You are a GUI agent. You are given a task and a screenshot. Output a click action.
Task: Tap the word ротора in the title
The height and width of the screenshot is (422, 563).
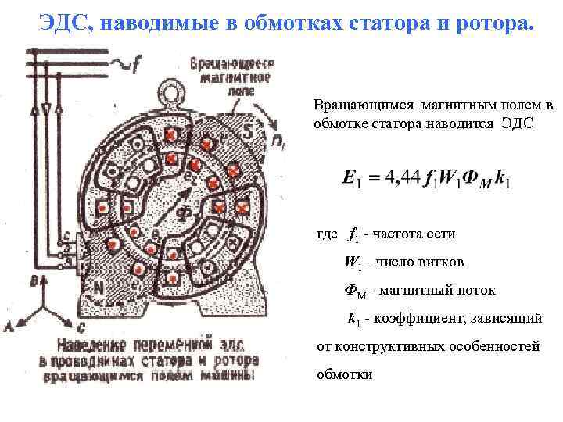(493, 23)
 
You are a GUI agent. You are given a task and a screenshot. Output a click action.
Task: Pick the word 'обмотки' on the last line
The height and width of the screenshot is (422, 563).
(344, 374)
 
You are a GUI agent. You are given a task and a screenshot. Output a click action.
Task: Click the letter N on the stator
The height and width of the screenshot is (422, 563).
(99, 287)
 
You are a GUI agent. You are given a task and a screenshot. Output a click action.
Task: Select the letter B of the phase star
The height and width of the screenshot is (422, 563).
(33, 280)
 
